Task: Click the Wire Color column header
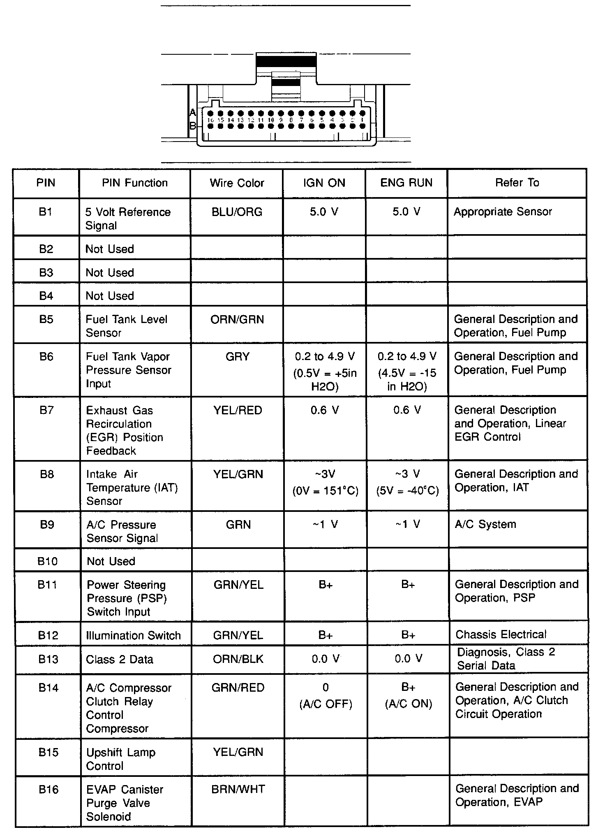pyautogui.click(x=237, y=183)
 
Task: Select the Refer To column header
pyautogui.click(x=517, y=183)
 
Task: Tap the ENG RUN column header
pyautogui.click(x=406, y=183)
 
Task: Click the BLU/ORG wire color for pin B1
pyautogui.click(x=237, y=212)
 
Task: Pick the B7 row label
pyautogui.click(x=46, y=410)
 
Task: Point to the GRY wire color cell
pyautogui.click(x=238, y=357)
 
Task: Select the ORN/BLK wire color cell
pyautogui.click(x=238, y=659)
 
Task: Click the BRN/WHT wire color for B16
pyautogui.click(x=238, y=789)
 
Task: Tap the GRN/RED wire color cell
pyautogui.click(x=238, y=688)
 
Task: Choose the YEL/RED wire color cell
pyautogui.click(x=238, y=410)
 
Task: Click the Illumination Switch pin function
pyautogui.click(x=133, y=636)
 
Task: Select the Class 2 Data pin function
pyautogui.click(x=120, y=660)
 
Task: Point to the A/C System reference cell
pyautogui.click(x=485, y=525)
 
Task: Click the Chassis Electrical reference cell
pyautogui.click(x=501, y=634)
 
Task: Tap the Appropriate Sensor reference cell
pyautogui.click(x=503, y=212)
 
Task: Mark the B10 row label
pyautogui.click(x=47, y=561)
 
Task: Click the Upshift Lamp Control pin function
pyautogui.click(x=121, y=759)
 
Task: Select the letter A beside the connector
pyautogui.click(x=193, y=112)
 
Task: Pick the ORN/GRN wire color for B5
pyautogui.click(x=237, y=320)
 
